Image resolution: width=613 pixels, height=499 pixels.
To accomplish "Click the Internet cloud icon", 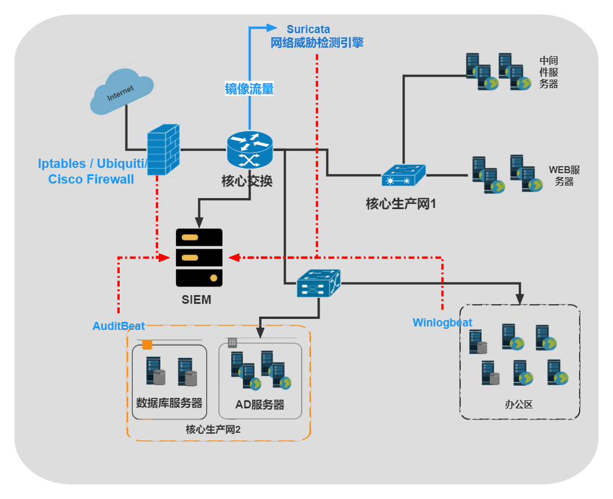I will (121, 92).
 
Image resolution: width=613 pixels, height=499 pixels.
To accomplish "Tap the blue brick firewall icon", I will (163, 150).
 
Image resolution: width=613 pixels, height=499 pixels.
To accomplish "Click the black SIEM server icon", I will (199, 257).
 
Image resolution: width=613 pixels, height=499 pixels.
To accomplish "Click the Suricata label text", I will (308, 29).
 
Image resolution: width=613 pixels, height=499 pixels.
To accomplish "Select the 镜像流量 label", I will (249, 89).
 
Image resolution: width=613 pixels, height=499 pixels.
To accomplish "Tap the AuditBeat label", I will (119, 326).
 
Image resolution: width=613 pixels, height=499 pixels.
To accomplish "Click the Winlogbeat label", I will (442, 322).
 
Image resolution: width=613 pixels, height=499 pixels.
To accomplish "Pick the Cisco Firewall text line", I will (91, 179).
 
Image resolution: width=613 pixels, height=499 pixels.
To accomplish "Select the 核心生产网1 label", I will (401, 204).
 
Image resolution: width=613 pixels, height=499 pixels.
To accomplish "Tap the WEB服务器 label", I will (564, 175).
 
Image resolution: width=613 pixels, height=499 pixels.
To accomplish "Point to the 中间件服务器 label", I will (549, 72).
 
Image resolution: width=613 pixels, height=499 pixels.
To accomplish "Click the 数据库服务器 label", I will (169, 403).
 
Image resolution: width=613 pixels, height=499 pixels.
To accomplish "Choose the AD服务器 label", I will (260, 405).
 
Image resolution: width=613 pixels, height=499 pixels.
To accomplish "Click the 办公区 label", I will (519, 405).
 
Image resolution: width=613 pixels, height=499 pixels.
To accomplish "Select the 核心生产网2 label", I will (213, 430).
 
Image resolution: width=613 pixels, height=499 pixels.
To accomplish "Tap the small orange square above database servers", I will (148, 344).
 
